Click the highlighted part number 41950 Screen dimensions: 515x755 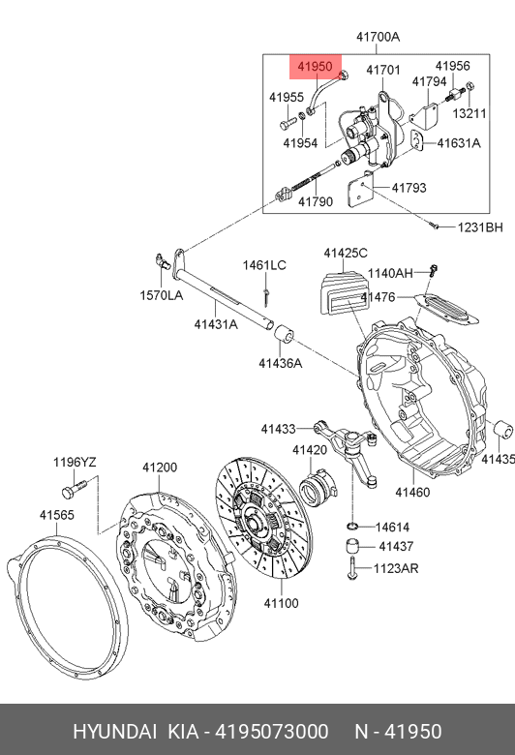315,67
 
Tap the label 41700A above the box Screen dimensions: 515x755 378,37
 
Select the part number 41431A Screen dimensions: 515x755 216,324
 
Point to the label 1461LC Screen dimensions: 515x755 264,265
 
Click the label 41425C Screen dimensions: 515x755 346,253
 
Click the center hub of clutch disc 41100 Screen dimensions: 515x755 254,522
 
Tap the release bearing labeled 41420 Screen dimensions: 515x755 316,487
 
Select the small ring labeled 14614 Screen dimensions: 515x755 352,526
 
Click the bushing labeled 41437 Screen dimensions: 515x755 354,547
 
